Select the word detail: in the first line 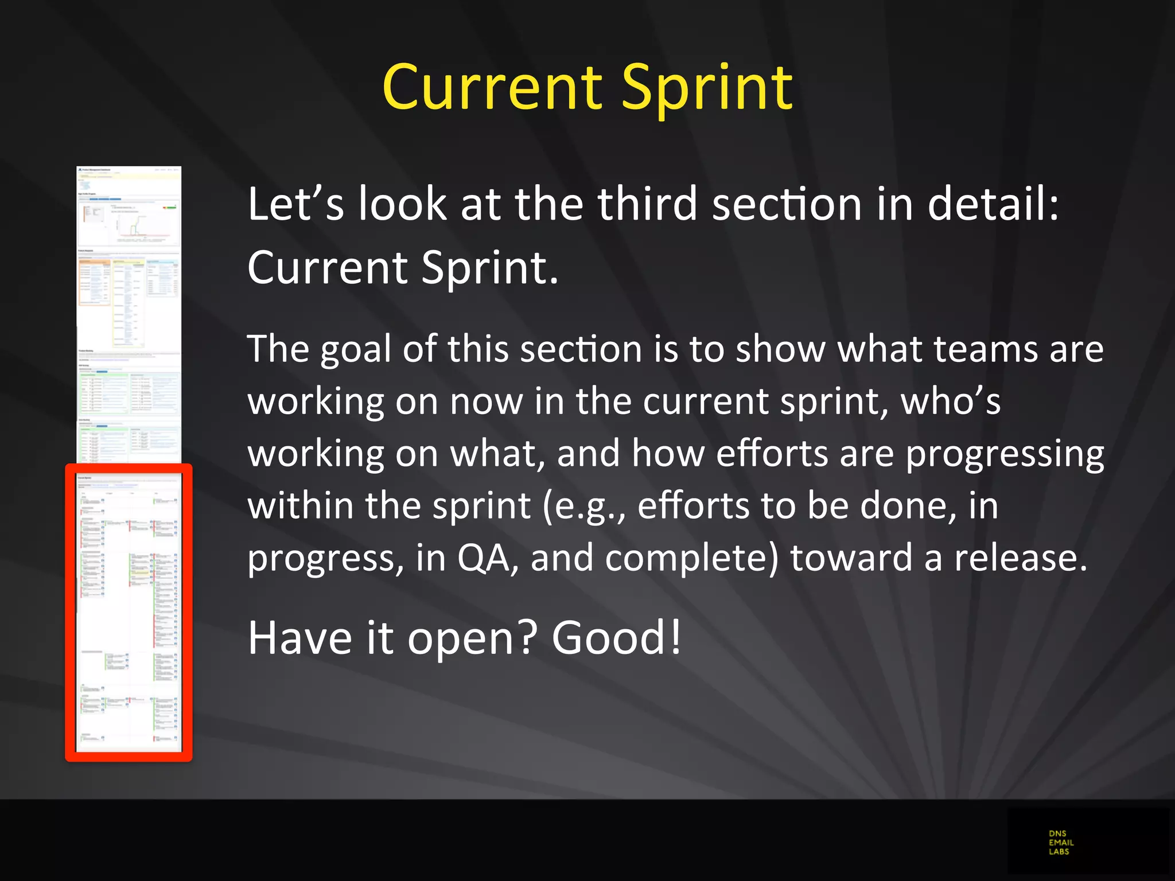click(993, 204)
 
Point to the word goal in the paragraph click(355, 350)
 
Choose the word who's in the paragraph click(950, 401)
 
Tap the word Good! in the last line click(616, 638)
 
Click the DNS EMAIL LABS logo click(1061, 843)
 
